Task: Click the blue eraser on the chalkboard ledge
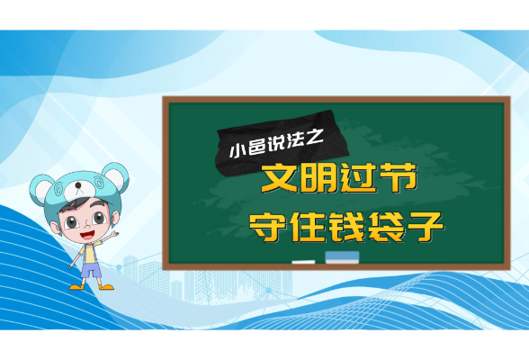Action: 342,257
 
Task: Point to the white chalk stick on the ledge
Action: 303,262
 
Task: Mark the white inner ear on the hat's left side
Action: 44,191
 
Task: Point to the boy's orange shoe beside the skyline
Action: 106,286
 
